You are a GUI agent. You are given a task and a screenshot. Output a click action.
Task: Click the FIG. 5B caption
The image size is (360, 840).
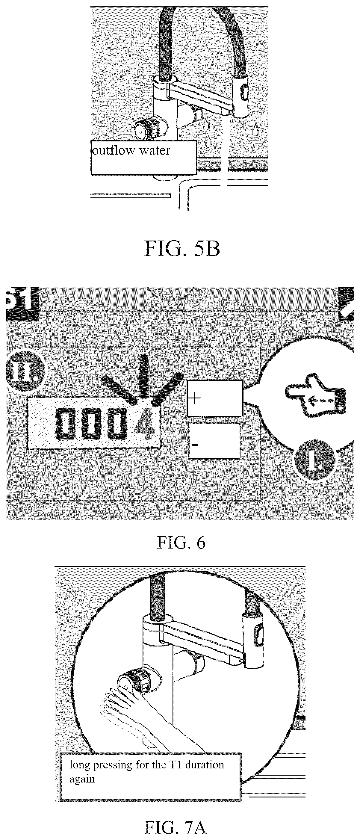point(182,249)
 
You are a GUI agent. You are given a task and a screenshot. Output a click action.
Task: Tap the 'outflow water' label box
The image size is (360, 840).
point(144,157)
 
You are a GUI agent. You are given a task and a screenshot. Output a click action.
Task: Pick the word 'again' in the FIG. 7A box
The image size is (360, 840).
point(82,779)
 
